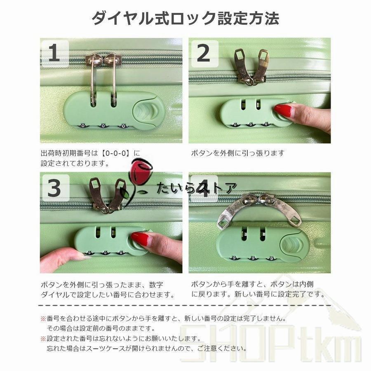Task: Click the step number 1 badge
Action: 55,54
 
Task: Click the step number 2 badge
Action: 204,54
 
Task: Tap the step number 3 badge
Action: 55,188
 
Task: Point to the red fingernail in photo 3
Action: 140,239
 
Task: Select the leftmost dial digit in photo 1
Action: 83,126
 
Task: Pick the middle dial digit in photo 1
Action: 103,126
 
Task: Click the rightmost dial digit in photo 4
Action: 271,258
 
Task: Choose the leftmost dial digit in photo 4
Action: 234,258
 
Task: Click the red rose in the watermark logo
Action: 139,169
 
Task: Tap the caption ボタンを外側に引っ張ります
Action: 237,153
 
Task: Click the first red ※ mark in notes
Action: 43,319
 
